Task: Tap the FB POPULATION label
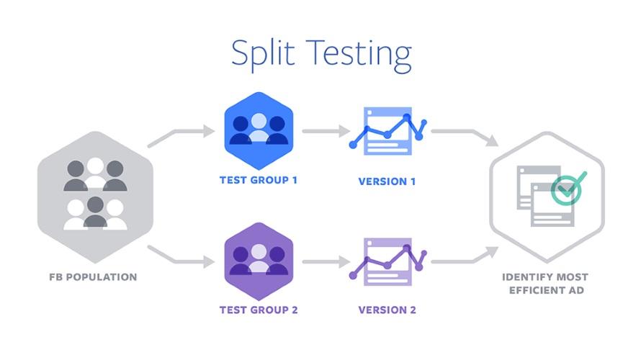[x=93, y=276]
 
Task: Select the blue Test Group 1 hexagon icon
[x=258, y=127]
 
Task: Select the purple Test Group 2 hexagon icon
[x=258, y=259]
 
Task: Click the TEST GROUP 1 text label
[x=258, y=180]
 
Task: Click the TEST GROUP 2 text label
[x=258, y=310]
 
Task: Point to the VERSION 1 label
[x=387, y=181]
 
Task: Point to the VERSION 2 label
[x=387, y=310]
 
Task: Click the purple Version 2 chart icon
[x=387, y=260]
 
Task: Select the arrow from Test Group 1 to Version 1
[x=325, y=131]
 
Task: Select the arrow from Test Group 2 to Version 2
[x=325, y=261]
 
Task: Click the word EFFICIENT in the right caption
[x=534, y=290]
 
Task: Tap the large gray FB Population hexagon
[x=96, y=195]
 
